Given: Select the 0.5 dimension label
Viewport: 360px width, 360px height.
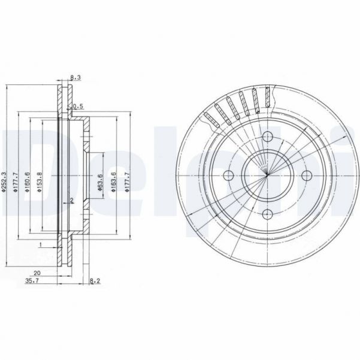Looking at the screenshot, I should (76, 107).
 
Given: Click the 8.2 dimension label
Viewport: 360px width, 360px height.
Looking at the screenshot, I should (93, 280).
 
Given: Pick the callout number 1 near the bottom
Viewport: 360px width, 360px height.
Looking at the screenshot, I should (40, 245).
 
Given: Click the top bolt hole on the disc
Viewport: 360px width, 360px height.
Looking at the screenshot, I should (268, 137).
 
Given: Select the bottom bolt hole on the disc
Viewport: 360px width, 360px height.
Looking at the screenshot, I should (268, 214).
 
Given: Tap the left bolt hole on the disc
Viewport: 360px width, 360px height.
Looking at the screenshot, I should (229, 175).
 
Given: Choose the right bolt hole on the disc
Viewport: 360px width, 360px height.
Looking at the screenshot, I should (306, 175).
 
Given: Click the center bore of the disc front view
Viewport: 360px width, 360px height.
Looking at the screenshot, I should (268, 175).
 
